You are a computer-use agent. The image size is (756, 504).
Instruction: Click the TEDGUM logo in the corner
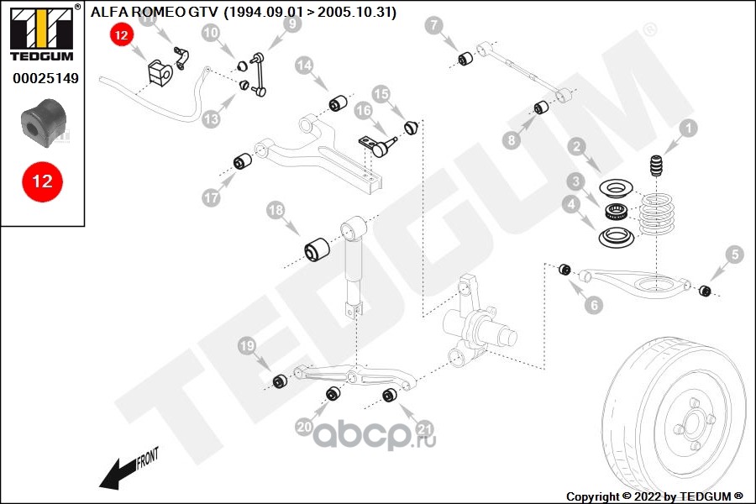click(41, 33)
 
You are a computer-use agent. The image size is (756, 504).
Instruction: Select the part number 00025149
click(45, 78)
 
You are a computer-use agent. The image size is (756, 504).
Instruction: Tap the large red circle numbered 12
click(43, 181)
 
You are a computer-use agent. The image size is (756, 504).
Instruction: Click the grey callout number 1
click(689, 129)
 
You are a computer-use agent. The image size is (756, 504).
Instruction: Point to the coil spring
click(655, 214)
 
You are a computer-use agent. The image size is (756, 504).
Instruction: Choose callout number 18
click(276, 210)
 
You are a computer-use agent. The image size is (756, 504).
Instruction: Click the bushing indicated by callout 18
click(317, 249)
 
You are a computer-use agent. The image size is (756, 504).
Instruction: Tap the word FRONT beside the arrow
click(147, 459)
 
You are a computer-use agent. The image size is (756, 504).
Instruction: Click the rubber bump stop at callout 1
click(656, 165)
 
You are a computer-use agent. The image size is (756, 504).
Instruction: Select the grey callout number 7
click(434, 25)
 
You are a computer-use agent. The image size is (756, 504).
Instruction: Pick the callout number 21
click(425, 428)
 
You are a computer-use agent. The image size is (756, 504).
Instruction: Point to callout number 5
click(735, 255)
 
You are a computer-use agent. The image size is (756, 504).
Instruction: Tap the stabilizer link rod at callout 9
click(258, 76)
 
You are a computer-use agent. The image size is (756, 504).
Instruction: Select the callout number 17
click(211, 197)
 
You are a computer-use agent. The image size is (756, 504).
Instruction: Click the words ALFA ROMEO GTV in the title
click(155, 12)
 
